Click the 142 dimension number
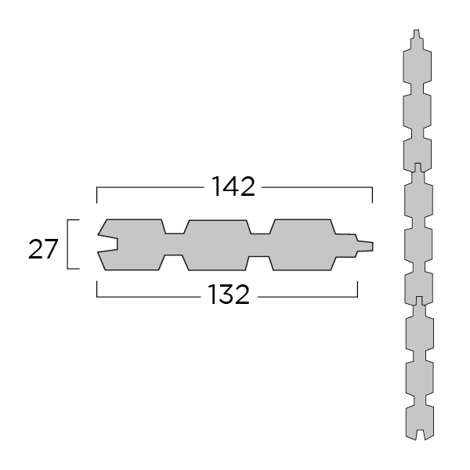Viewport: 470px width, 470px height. [233, 187]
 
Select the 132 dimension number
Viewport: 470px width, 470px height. [229, 295]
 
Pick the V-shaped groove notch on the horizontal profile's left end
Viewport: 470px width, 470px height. [107, 244]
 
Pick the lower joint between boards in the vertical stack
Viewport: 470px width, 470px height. [417, 302]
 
